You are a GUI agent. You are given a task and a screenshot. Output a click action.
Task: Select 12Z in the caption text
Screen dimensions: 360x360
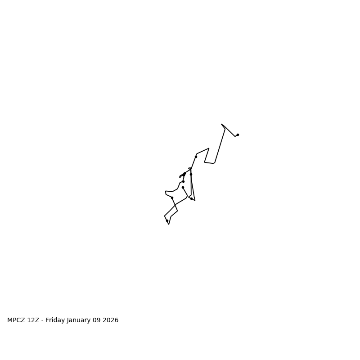(x=35, y=320)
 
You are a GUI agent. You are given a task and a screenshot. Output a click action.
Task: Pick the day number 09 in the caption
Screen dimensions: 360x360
(x=99, y=320)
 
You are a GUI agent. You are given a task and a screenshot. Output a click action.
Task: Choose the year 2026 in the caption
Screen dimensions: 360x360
(x=111, y=320)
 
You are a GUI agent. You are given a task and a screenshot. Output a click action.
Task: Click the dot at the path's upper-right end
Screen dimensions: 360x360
(x=238, y=135)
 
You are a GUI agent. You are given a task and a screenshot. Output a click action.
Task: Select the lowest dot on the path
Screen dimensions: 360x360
(x=167, y=220)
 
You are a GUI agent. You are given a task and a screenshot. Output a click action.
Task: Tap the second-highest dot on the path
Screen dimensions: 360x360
(x=196, y=157)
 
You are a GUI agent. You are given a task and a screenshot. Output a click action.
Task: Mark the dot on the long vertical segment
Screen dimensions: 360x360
(x=191, y=174)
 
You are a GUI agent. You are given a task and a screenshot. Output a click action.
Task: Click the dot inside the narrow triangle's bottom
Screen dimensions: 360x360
(x=191, y=198)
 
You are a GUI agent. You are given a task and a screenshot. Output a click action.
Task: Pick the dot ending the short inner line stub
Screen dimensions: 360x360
(x=183, y=187)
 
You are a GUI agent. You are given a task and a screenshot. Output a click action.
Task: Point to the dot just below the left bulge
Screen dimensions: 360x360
(x=172, y=198)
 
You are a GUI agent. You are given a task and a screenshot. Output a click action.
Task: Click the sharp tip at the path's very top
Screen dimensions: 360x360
(x=221, y=124)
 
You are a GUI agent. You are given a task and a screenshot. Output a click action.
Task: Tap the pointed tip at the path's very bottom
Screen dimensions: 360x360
(x=169, y=224)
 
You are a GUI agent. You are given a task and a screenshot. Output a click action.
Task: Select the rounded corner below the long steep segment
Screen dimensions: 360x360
(x=214, y=163)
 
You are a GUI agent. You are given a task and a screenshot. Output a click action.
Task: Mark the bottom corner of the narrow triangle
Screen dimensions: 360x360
(x=195, y=200)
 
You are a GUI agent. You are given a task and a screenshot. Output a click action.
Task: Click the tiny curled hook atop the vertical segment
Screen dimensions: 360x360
(x=189, y=168)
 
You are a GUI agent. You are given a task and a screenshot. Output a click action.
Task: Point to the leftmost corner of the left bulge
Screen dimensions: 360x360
(x=166, y=192)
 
